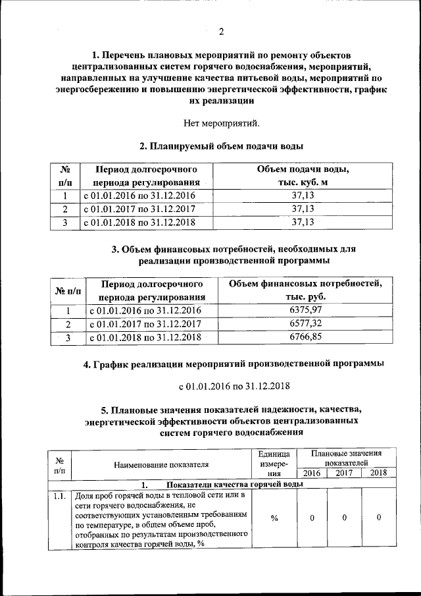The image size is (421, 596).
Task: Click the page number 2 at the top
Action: [221, 32]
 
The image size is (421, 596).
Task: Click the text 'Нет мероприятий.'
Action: [221, 122]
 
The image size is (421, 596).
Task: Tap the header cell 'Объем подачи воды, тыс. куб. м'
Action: [303, 176]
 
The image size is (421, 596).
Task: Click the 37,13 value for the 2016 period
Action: [303, 196]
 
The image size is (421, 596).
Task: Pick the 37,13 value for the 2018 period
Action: [303, 223]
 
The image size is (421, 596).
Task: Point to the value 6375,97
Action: [306, 311]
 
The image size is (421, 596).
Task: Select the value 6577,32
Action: [306, 324]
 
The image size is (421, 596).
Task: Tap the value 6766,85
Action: [306, 337]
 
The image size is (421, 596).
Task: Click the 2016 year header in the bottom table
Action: [312, 473]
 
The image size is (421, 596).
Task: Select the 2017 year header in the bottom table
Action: [344, 473]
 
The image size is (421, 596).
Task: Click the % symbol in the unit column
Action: [274, 518]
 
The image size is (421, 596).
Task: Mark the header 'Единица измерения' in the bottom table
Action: [274, 464]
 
